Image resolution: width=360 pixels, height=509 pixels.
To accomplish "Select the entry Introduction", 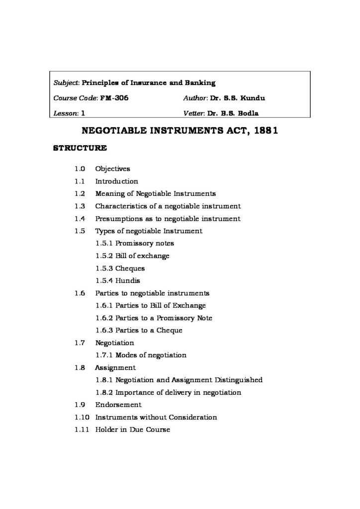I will (x=116, y=181).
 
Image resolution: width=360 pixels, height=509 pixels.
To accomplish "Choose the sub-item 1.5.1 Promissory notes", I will (x=134, y=244).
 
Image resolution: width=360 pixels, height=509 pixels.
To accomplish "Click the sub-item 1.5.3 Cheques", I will (x=120, y=268).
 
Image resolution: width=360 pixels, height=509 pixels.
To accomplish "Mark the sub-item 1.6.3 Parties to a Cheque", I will (x=139, y=331).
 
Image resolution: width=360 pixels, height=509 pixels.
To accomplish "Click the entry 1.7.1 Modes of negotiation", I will (x=141, y=355).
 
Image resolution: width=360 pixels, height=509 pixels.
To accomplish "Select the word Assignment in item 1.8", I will (x=115, y=368).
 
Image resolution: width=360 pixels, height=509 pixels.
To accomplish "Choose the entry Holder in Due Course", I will (x=132, y=430).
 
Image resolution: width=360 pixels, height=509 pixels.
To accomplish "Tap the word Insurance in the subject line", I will (x=154, y=83).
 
